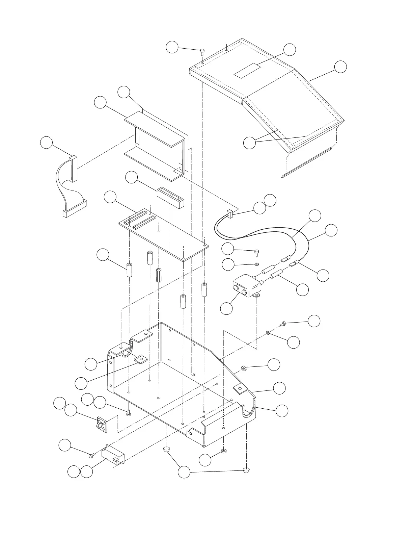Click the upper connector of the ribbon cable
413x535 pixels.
73,168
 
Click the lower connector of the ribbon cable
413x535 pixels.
75,209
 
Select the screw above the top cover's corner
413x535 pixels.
202,52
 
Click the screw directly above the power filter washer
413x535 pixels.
257,252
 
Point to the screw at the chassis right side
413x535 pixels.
283,324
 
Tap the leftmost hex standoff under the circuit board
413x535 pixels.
130,270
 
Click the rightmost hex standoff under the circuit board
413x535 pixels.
204,289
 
